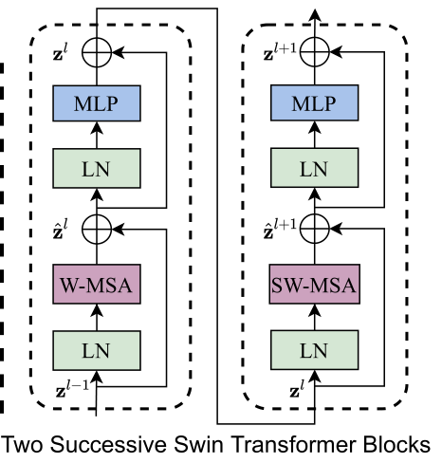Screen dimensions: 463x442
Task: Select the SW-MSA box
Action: point(313,286)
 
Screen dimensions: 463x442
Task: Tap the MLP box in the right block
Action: point(313,102)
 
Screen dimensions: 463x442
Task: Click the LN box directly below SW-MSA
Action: point(313,350)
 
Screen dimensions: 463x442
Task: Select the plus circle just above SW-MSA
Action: point(313,229)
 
